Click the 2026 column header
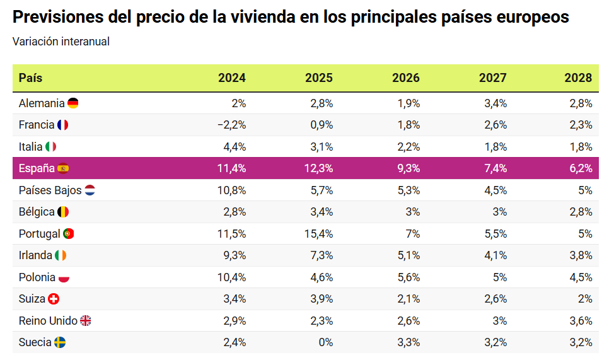[405, 78]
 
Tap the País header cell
[31, 78]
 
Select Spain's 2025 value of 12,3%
[318, 168]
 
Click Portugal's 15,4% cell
[318, 234]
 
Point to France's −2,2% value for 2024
[231, 125]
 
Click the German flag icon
[73, 103]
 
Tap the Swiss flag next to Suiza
[54, 299]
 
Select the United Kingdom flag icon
[86, 321]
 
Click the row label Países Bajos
[50, 190]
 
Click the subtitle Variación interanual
[61, 42]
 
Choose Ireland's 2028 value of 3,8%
[579, 255]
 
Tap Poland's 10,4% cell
[231, 277]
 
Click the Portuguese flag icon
[69, 234]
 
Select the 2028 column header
[579, 78]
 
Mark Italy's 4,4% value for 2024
[234, 147]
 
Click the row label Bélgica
[37, 212]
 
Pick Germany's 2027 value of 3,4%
[493, 103]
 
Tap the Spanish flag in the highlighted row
[63, 168]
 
